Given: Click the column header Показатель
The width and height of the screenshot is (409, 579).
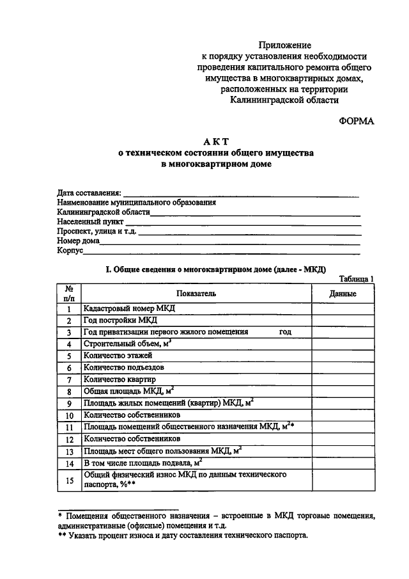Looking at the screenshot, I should point(195,293).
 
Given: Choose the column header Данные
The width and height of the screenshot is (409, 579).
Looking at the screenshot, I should point(343,293).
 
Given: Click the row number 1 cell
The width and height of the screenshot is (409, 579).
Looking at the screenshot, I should point(68,308).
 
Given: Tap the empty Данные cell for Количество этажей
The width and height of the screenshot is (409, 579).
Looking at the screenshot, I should point(343,356).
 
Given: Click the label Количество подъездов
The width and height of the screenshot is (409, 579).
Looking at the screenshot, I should point(125,368).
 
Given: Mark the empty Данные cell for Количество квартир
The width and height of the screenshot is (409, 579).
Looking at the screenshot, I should point(343,379).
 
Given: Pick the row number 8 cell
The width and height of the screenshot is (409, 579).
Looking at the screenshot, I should point(68,392).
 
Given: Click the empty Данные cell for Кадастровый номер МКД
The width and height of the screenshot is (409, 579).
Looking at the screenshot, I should point(343,308).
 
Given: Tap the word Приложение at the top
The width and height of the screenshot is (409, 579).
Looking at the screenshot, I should point(285,45).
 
